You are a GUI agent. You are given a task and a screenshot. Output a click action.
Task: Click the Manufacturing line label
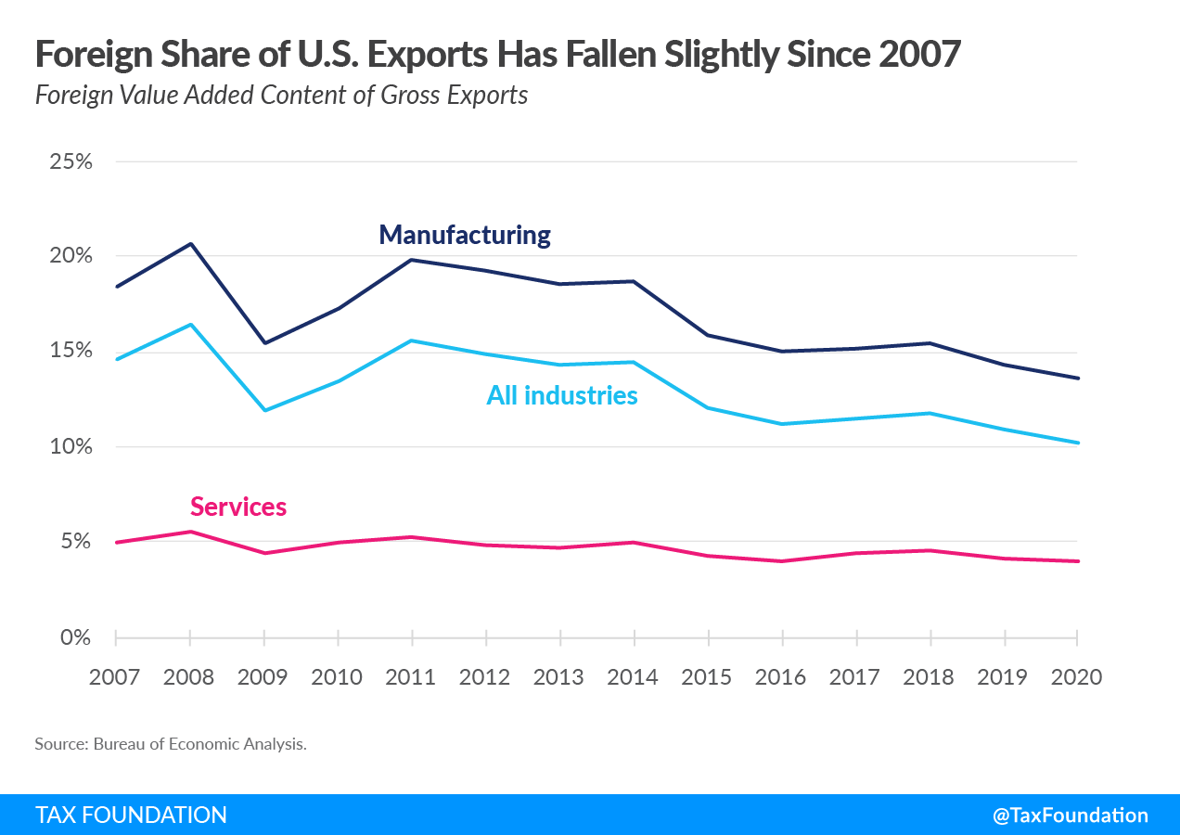(x=465, y=235)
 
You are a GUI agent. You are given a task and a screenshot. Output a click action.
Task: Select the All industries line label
(x=562, y=395)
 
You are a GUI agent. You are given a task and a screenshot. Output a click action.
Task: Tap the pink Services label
(x=238, y=507)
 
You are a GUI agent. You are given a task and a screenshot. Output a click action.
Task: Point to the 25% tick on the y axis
(x=71, y=161)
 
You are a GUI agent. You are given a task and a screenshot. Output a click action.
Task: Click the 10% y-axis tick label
(x=71, y=446)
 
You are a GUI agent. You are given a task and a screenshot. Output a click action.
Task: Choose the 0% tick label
(x=76, y=637)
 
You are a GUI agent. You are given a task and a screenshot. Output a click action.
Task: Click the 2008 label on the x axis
(x=189, y=676)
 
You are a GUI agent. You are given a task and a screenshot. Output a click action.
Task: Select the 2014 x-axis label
(x=633, y=676)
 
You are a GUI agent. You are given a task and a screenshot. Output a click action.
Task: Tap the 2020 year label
(x=1076, y=676)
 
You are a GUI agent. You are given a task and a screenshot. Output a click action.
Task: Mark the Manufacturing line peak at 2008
(x=190, y=244)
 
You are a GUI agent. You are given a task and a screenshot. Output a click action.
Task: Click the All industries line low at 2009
(x=264, y=410)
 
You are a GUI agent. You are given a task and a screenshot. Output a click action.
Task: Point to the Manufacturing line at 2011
(x=412, y=260)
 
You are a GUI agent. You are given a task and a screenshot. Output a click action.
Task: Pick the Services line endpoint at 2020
(x=1076, y=561)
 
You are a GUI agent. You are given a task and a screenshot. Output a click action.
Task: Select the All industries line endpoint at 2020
(x=1076, y=443)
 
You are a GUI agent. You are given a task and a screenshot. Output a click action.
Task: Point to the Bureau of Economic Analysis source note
(x=171, y=744)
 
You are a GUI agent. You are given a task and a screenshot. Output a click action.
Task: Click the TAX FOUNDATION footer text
(x=131, y=815)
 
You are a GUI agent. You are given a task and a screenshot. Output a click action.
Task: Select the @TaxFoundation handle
(x=1070, y=815)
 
